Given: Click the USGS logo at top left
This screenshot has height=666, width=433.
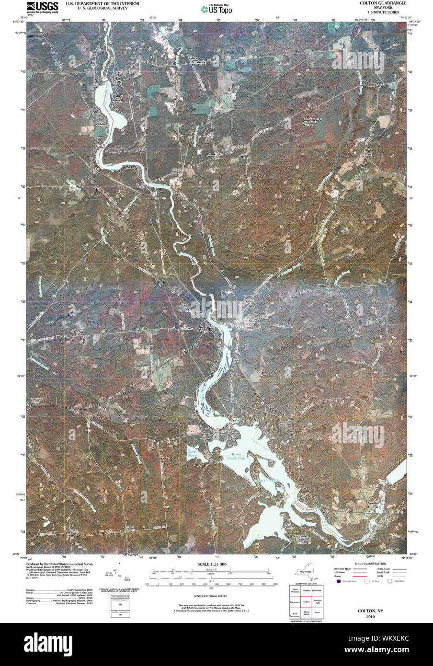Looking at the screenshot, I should (x=43, y=6).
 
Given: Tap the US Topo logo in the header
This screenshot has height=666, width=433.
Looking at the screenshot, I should (x=216, y=9).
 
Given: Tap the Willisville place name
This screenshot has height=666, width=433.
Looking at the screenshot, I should (x=214, y=154).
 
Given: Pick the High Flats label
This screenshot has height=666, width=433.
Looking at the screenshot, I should (x=368, y=152).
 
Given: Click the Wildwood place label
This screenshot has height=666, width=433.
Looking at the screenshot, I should (x=324, y=286).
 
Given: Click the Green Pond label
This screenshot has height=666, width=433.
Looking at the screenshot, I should (x=192, y=453).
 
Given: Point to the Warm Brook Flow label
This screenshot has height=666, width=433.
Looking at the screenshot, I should (x=235, y=457).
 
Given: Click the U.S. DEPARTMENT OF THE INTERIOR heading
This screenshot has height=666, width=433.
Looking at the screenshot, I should (x=103, y=3).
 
